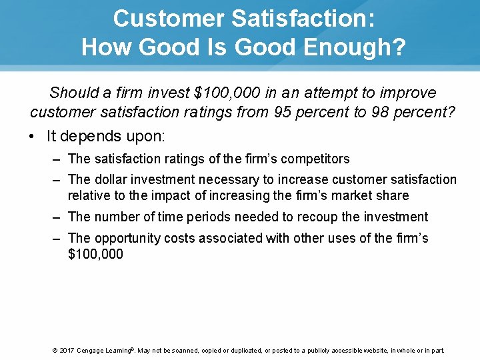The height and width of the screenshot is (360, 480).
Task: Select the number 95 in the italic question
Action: pyautogui.click(x=283, y=112)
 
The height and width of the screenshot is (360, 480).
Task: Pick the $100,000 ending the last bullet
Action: pyautogui.click(x=95, y=254)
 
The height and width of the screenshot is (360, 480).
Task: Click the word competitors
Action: pyautogui.click(x=315, y=159)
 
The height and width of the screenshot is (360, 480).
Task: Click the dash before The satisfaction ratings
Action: pyautogui.click(x=54, y=159)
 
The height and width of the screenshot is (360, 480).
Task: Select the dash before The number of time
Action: pyautogui.click(x=54, y=217)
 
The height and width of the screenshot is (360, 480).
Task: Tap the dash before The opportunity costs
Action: pyautogui.click(x=54, y=239)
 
